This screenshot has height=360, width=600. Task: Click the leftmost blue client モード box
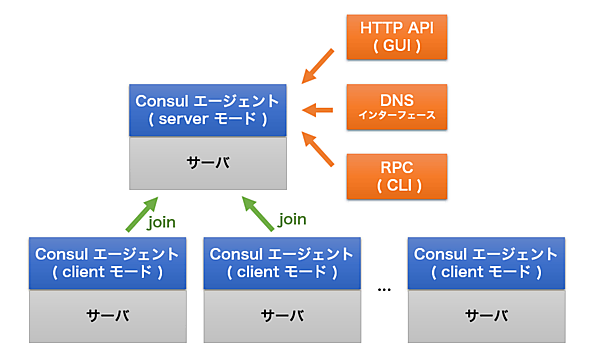tap(107, 262)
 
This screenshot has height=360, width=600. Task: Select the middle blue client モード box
tap(283, 262)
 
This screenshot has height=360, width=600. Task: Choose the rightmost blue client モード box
tap(486, 262)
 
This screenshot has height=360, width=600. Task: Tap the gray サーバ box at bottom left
tap(107, 314)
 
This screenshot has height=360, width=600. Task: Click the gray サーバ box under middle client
tap(283, 314)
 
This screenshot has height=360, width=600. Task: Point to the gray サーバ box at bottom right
tap(486, 314)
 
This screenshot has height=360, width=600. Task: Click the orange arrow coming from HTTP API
tap(319, 65)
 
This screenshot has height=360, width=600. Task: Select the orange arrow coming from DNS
tap(319, 109)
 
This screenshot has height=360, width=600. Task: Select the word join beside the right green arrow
tap(293, 219)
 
